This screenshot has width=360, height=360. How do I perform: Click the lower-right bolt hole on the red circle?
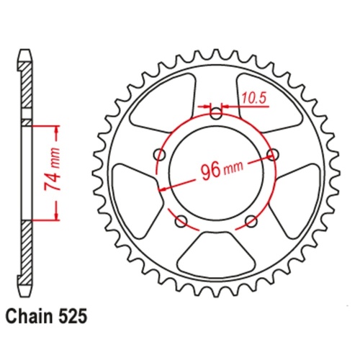tap(251, 220)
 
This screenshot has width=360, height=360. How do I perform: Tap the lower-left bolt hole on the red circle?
tap(181, 220)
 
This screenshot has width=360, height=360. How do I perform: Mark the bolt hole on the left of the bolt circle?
tap(160, 153)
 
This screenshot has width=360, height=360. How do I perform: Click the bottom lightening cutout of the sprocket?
tap(216, 251)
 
